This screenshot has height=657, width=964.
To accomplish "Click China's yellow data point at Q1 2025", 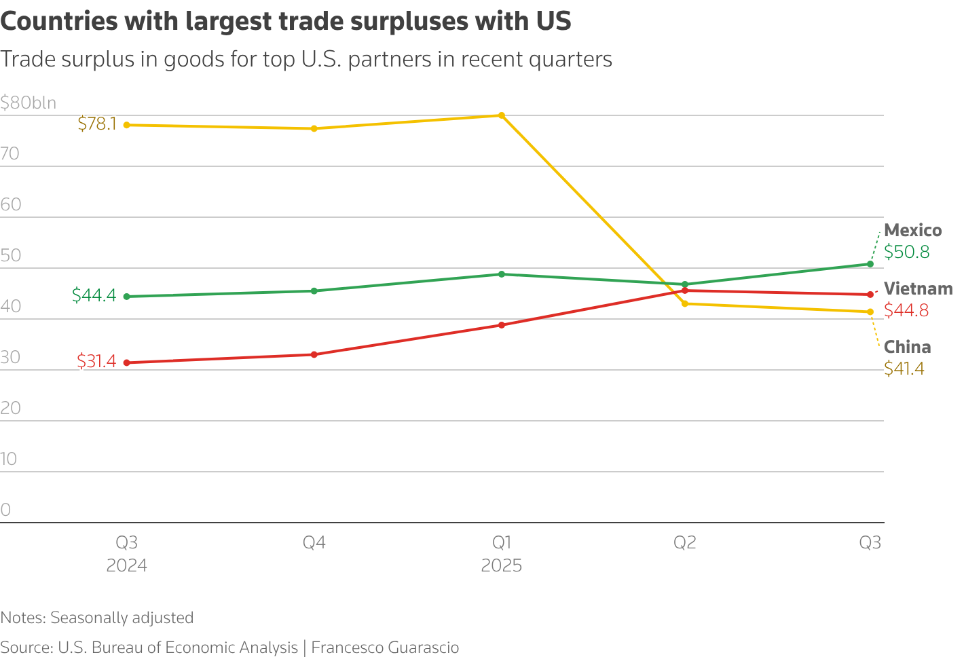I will click(501, 115).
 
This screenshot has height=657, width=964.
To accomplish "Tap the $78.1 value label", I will click(97, 124).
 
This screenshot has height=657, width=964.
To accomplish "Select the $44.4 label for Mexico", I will click(94, 295).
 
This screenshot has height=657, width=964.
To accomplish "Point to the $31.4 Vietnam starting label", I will click(96, 361).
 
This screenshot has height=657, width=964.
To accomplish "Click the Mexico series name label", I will click(912, 231).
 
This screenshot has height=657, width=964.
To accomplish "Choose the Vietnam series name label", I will click(918, 289).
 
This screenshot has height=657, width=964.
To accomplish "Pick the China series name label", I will click(907, 348).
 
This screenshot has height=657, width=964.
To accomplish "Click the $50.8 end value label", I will click(906, 252).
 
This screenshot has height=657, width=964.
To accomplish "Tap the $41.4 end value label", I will click(904, 369).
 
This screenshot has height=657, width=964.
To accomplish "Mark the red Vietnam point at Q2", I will click(684, 290).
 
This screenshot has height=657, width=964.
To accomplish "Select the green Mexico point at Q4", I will click(314, 291).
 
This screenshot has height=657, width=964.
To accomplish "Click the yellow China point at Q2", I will click(684, 303).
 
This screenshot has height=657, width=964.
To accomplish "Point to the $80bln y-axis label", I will click(29, 103).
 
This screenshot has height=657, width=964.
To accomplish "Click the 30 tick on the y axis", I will click(11, 358).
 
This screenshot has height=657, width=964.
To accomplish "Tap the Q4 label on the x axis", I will click(314, 543).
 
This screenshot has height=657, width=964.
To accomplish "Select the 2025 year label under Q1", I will click(501, 566).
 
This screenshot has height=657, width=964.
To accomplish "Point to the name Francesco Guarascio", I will click(385, 647).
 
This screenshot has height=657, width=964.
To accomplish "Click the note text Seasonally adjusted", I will click(122, 618).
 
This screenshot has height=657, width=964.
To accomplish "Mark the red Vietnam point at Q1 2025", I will click(501, 325).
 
